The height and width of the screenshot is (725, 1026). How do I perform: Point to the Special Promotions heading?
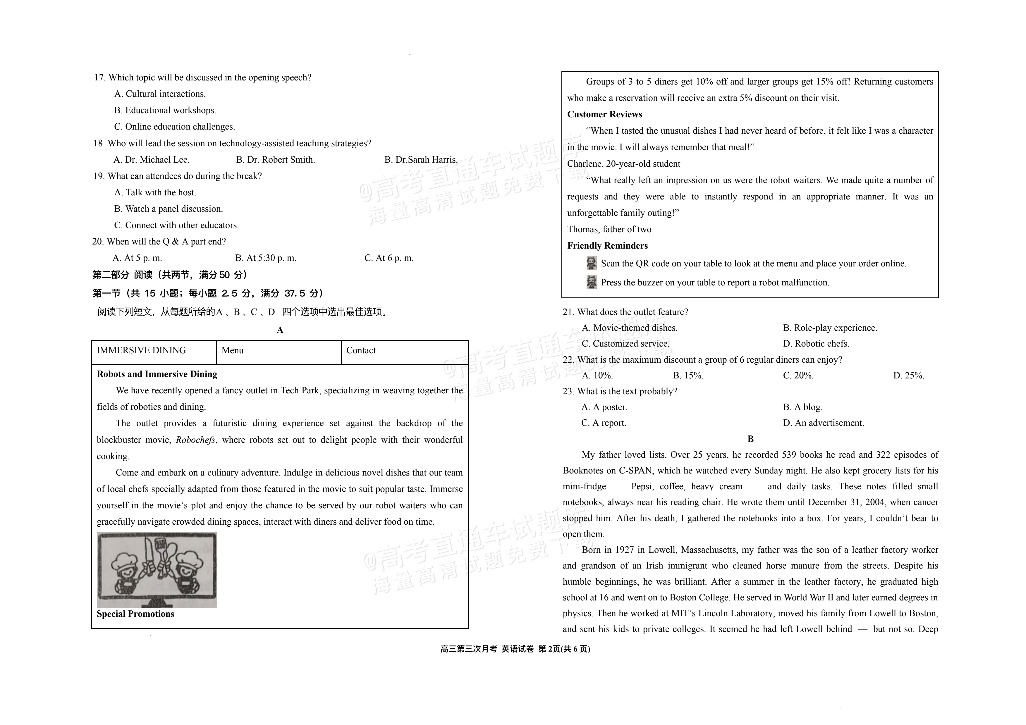[135, 614]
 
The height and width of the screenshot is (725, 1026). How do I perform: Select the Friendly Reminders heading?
[607, 246]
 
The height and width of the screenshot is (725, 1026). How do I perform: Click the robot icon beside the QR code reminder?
[591, 263]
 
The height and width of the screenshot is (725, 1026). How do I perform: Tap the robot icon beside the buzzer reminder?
[591, 282]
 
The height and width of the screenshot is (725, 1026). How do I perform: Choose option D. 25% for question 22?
[908, 376]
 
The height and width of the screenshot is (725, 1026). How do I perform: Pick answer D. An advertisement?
[823, 423]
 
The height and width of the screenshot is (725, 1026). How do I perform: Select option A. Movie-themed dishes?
[629, 328]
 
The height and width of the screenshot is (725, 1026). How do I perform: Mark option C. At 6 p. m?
[389, 258]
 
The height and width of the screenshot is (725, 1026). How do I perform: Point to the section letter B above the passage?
[751, 439]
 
